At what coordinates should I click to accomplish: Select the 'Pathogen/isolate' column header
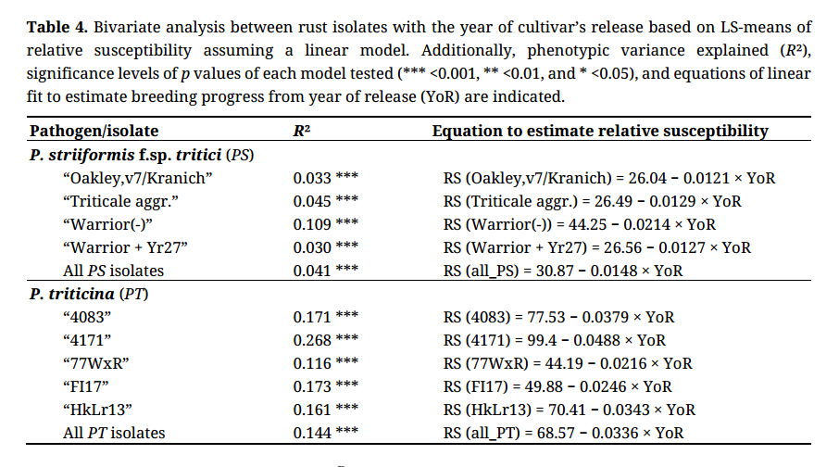(94, 132)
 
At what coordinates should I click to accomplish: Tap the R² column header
(301, 132)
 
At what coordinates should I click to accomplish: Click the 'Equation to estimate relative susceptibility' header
(600, 132)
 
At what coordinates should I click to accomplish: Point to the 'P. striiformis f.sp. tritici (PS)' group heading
(142, 155)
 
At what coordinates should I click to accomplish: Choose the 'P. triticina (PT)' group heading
(89, 294)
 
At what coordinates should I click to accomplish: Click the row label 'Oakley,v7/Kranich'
(137, 178)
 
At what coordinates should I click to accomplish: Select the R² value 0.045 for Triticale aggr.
(312, 201)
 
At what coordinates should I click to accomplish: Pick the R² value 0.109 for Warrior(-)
(312, 224)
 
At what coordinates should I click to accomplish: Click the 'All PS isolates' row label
(113, 271)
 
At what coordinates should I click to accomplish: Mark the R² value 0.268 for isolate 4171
(312, 340)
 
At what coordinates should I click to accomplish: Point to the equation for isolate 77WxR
(567, 363)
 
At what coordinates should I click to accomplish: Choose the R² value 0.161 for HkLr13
(312, 410)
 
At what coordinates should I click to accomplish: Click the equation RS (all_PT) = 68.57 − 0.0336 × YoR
(563, 433)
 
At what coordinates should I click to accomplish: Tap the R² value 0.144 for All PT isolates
(312, 433)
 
